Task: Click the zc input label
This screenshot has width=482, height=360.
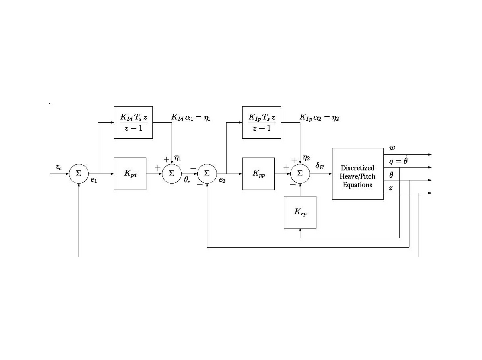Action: pos(59,167)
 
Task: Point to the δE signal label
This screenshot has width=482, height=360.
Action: pos(320,166)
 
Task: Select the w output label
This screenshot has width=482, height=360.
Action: pos(392,148)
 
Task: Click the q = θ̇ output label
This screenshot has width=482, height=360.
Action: pos(398,160)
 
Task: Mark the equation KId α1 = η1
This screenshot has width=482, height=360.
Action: pos(190,117)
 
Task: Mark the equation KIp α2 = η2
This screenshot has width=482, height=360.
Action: pos(319,117)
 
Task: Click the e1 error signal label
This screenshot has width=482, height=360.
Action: pos(94,180)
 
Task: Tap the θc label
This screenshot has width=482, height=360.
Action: pos(187,180)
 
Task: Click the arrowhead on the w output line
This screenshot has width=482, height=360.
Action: pos(430,154)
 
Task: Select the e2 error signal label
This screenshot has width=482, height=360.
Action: pos(222,180)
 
